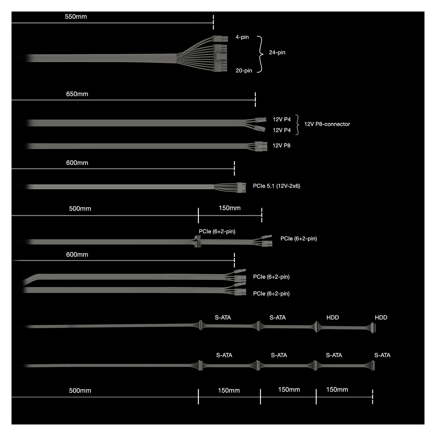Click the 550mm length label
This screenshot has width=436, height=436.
(x=76, y=17)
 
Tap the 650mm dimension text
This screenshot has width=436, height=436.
(x=77, y=94)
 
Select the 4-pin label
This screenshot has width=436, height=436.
(x=242, y=37)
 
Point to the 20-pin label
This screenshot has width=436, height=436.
(x=244, y=71)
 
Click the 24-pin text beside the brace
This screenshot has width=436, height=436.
(x=277, y=52)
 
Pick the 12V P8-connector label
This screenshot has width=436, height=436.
(x=327, y=124)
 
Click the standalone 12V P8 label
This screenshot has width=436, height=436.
(x=281, y=146)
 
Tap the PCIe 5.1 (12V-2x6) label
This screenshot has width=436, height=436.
(x=277, y=186)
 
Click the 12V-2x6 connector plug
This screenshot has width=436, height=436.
(x=241, y=187)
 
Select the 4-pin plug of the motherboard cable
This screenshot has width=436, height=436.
(x=220, y=39)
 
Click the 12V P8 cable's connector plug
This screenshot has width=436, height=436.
(x=261, y=146)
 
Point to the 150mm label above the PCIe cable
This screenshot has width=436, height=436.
(x=230, y=208)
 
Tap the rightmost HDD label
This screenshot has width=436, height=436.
(x=381, y=317)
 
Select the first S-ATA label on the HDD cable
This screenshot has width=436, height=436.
(x=223, y=317)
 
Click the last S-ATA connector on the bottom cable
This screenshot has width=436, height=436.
(x=373, y=365)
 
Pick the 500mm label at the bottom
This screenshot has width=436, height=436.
(x=80, y=390)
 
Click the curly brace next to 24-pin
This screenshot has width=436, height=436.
(x=260, y=54)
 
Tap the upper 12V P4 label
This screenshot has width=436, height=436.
(x=282, y=119)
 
